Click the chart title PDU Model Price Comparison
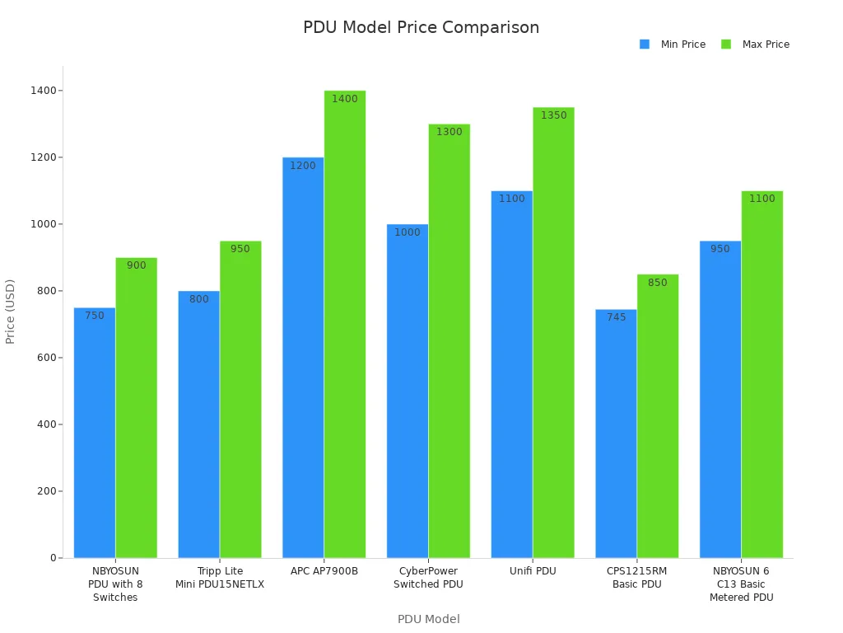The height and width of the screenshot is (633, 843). (421, 27)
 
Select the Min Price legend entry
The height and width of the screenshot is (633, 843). (673, 45)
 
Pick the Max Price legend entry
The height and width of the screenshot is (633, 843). (755, 45)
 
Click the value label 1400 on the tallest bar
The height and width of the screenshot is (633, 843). (344, 99)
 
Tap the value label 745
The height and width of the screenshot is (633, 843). (616, 317)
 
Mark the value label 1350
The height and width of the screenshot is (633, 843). (553, 115)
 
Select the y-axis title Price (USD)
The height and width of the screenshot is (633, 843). (11, 311)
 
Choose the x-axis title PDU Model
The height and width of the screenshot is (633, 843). (428, 619)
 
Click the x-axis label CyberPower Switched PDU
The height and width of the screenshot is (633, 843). (428, 578)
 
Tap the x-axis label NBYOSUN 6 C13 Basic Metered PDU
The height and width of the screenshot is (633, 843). (741, 584)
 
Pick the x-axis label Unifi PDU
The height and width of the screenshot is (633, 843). (533, 571)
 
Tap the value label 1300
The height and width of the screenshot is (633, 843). (449, 132)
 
